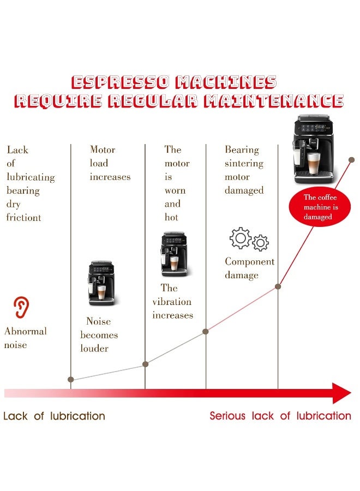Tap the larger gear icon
tap(241, 238)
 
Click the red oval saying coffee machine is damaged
tap(321, 207)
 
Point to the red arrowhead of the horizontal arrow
tap(341, 393)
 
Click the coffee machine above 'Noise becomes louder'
tap(101, 283)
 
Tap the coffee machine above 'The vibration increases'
tap(173, 255)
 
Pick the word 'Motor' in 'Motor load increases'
tap(103, 149)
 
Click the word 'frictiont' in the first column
tap(23, 218)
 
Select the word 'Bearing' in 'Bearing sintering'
tap(242, 149)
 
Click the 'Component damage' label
tap(249, 268)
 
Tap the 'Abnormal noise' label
tap(25, 338)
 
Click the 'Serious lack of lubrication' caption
tap(280, 416)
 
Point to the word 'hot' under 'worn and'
tap(171, 217)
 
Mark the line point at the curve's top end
tap(352, 160)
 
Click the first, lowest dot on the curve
tap(71, 379)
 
